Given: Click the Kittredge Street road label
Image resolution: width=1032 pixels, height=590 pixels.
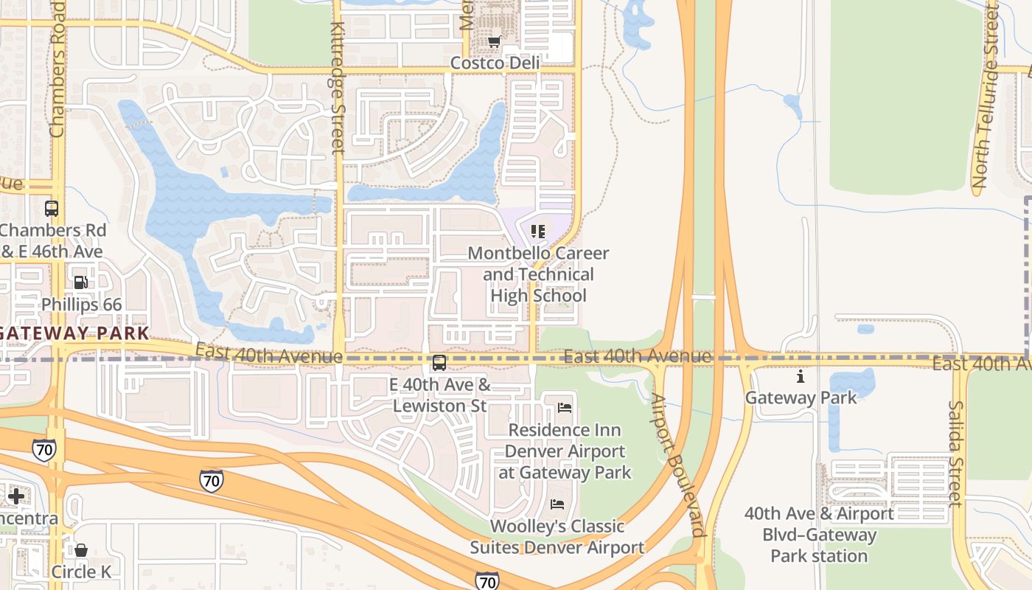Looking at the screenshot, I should pos(338,86).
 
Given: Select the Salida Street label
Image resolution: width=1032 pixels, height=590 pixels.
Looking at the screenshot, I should pos(955,453).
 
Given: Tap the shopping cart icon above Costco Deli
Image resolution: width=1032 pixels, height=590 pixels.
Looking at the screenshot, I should pos(495,41).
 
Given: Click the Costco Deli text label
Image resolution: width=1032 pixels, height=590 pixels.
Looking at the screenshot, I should pos(495,63).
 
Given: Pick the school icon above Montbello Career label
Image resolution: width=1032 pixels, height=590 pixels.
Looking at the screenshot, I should pos(538,232).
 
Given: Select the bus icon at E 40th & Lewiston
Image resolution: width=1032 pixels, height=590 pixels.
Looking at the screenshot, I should pos(439,363).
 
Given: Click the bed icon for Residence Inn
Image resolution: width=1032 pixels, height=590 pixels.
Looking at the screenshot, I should pos(565,407).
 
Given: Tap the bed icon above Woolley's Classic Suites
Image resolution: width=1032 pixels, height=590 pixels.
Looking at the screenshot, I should pos(558,504).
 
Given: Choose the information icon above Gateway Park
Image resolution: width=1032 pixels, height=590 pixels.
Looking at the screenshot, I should pos(801,377).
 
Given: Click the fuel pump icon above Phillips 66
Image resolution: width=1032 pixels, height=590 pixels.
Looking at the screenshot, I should pos(81,282).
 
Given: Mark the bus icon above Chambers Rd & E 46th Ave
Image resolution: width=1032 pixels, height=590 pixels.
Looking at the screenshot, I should pos(52,209).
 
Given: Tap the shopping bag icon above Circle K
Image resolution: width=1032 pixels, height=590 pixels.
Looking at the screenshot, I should pos(81,550).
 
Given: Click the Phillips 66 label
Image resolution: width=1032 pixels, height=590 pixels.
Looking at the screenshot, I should pos(81,304).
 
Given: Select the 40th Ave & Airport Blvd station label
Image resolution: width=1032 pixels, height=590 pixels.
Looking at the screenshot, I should pos(818,534).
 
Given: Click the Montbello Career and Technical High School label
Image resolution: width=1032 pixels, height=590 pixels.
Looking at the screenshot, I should pos(538,274).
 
